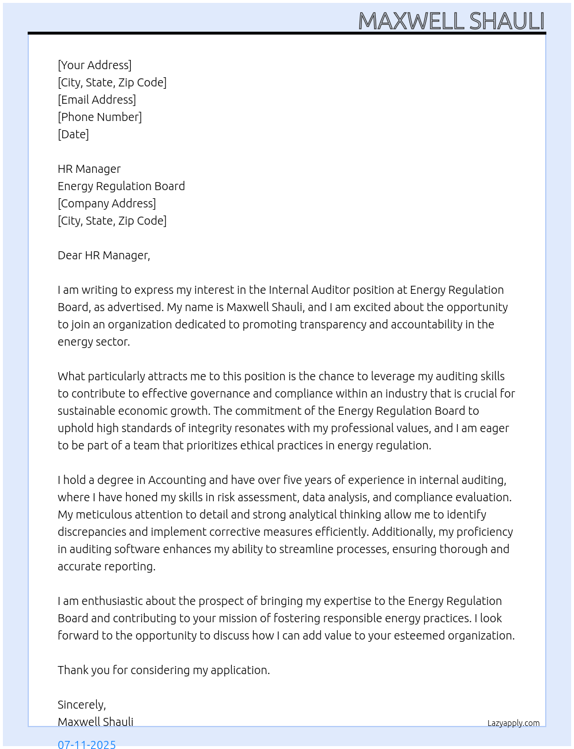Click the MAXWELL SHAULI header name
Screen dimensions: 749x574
click(451, 21)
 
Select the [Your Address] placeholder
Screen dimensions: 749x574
click(95, 65)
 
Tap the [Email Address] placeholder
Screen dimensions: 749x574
click(97, 100)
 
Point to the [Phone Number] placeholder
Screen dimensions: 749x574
click(100, 117)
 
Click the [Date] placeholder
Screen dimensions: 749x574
click(73, 134)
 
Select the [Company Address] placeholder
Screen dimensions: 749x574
click(107, 203)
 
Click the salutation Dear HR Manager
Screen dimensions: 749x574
click(104, 255)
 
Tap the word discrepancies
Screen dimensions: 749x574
click(92, 532)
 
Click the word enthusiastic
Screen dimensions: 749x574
click(111, 601)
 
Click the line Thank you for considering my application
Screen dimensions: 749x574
click(164, 670)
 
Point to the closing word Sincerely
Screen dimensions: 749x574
click(81, 705)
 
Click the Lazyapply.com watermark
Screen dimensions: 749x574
click(513, 723)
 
